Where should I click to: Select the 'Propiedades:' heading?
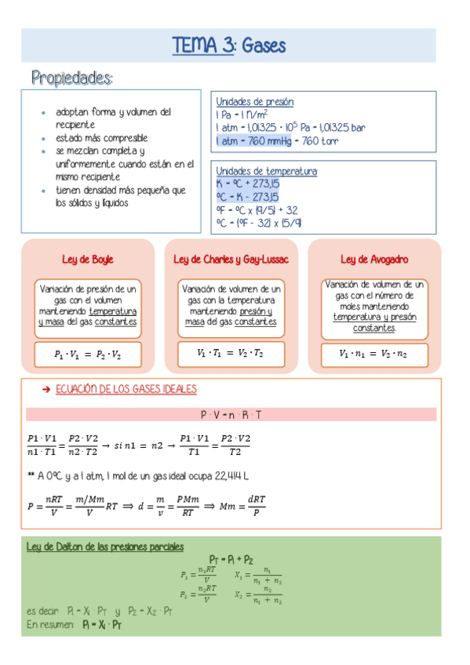click(72, 78)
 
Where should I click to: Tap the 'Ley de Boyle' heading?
click(87, 259)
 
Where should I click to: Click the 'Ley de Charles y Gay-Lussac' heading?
click(231, 259)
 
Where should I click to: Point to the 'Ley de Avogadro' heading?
click(374, 259)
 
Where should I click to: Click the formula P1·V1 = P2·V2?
click(88, 354)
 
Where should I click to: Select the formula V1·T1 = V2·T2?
click(231, 354)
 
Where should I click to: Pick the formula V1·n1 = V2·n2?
click(373, 354)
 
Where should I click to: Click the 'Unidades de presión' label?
click(254, 101)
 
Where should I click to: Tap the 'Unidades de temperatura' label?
click(266, 171)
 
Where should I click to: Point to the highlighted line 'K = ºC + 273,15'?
click(248, 184)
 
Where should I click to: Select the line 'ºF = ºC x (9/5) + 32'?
click(257, 209)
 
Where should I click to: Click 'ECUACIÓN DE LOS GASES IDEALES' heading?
click(126, 389)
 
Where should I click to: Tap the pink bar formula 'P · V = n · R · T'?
click(231, 413)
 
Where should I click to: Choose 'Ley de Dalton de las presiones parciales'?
click(105, 547)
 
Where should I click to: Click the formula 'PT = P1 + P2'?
click(231, 559)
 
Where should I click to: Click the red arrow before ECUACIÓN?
click(45, 389)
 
